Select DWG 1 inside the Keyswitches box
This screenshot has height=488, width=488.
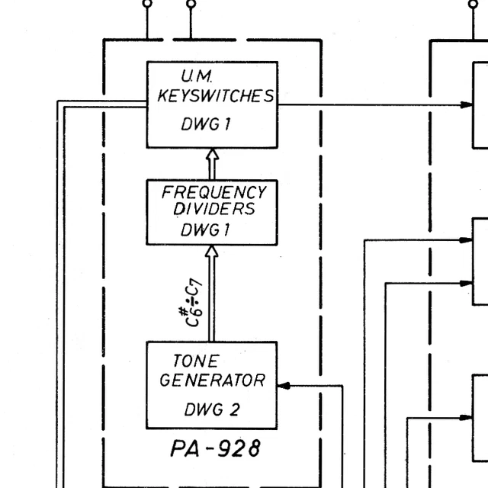[x=205, y=125]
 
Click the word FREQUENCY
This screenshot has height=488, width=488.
[x=213, y=192]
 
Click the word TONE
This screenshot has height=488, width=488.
[x=196, y=361]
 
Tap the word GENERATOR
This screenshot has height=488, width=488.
[x=212, y=380]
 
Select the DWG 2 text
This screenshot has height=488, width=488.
[x=211, y=410]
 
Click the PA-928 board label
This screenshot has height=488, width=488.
[x=214, y=449]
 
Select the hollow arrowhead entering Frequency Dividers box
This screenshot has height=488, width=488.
[x=212, y=252]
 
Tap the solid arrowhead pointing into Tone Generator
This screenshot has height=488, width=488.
[x=284, y=386]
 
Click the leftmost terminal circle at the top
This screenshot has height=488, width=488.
[x=147, y=4]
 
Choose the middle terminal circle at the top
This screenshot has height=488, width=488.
[x=191, y=4]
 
